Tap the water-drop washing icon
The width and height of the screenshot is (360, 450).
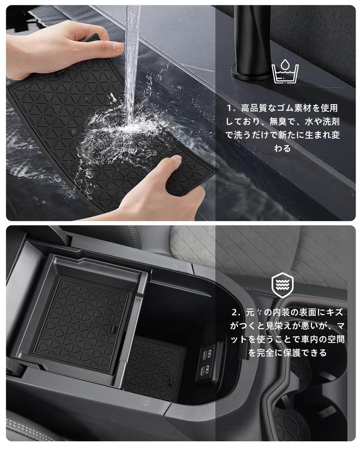[x=285, y=72]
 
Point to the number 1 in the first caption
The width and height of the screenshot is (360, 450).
[x=229, y=108]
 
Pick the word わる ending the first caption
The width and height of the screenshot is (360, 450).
[x=282, y=149]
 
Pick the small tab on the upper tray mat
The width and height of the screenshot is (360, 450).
[x=113, y=328]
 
